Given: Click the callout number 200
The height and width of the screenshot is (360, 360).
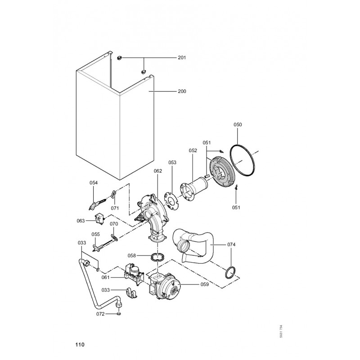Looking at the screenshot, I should point(182,91).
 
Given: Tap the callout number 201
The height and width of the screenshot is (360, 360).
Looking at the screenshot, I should point(182,58).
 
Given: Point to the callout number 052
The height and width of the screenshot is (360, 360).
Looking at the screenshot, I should point(193,151).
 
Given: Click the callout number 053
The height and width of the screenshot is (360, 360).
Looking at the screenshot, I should point(173,162).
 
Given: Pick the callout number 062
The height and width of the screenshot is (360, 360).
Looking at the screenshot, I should point(157,171).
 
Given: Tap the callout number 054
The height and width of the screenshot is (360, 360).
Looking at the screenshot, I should point(94,183).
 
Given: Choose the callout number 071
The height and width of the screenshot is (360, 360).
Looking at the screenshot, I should point(115,208).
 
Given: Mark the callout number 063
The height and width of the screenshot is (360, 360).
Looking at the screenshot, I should point(81,221).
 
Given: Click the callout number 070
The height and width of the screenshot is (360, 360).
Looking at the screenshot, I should point(114,224).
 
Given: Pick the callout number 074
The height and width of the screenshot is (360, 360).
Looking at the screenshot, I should point(231,244).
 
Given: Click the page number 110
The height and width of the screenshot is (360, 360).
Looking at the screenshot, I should point(80,345).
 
